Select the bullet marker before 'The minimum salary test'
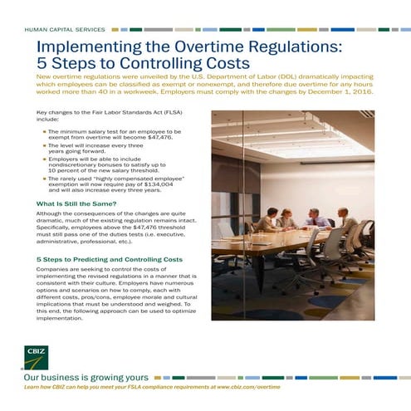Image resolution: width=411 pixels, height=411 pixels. click(44, 131)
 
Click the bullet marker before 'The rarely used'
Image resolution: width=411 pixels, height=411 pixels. click(44, 179)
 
